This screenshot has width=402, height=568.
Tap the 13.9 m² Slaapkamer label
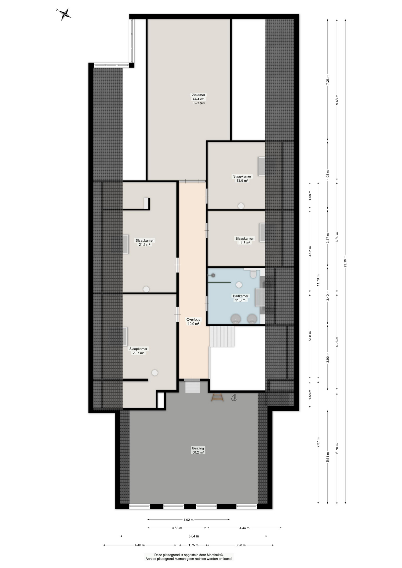click(x=242, y=178)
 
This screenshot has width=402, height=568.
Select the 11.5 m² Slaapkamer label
click(x=245, y=241)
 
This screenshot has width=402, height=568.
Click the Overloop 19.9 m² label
click(x=193, y=322)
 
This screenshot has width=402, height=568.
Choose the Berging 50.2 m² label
click(x=198, y=450)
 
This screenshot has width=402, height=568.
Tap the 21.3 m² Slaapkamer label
click(x=145, y=243)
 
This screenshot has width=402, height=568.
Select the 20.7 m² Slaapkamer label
click(x=138, y=351)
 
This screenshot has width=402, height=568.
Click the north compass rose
click(x=64, y=14)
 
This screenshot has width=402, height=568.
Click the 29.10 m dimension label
click(x=345, y=262)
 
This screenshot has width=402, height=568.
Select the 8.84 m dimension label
click(x=194, y=536)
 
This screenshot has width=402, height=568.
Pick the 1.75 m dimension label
click(x=193, y=545)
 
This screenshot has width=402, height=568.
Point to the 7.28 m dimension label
click(x=328, y=80)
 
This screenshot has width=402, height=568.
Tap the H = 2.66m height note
click(x=198, y=103)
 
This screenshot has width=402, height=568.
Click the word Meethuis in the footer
click(x=215, y=555)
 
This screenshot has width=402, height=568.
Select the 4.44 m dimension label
click(x=245, y=528)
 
